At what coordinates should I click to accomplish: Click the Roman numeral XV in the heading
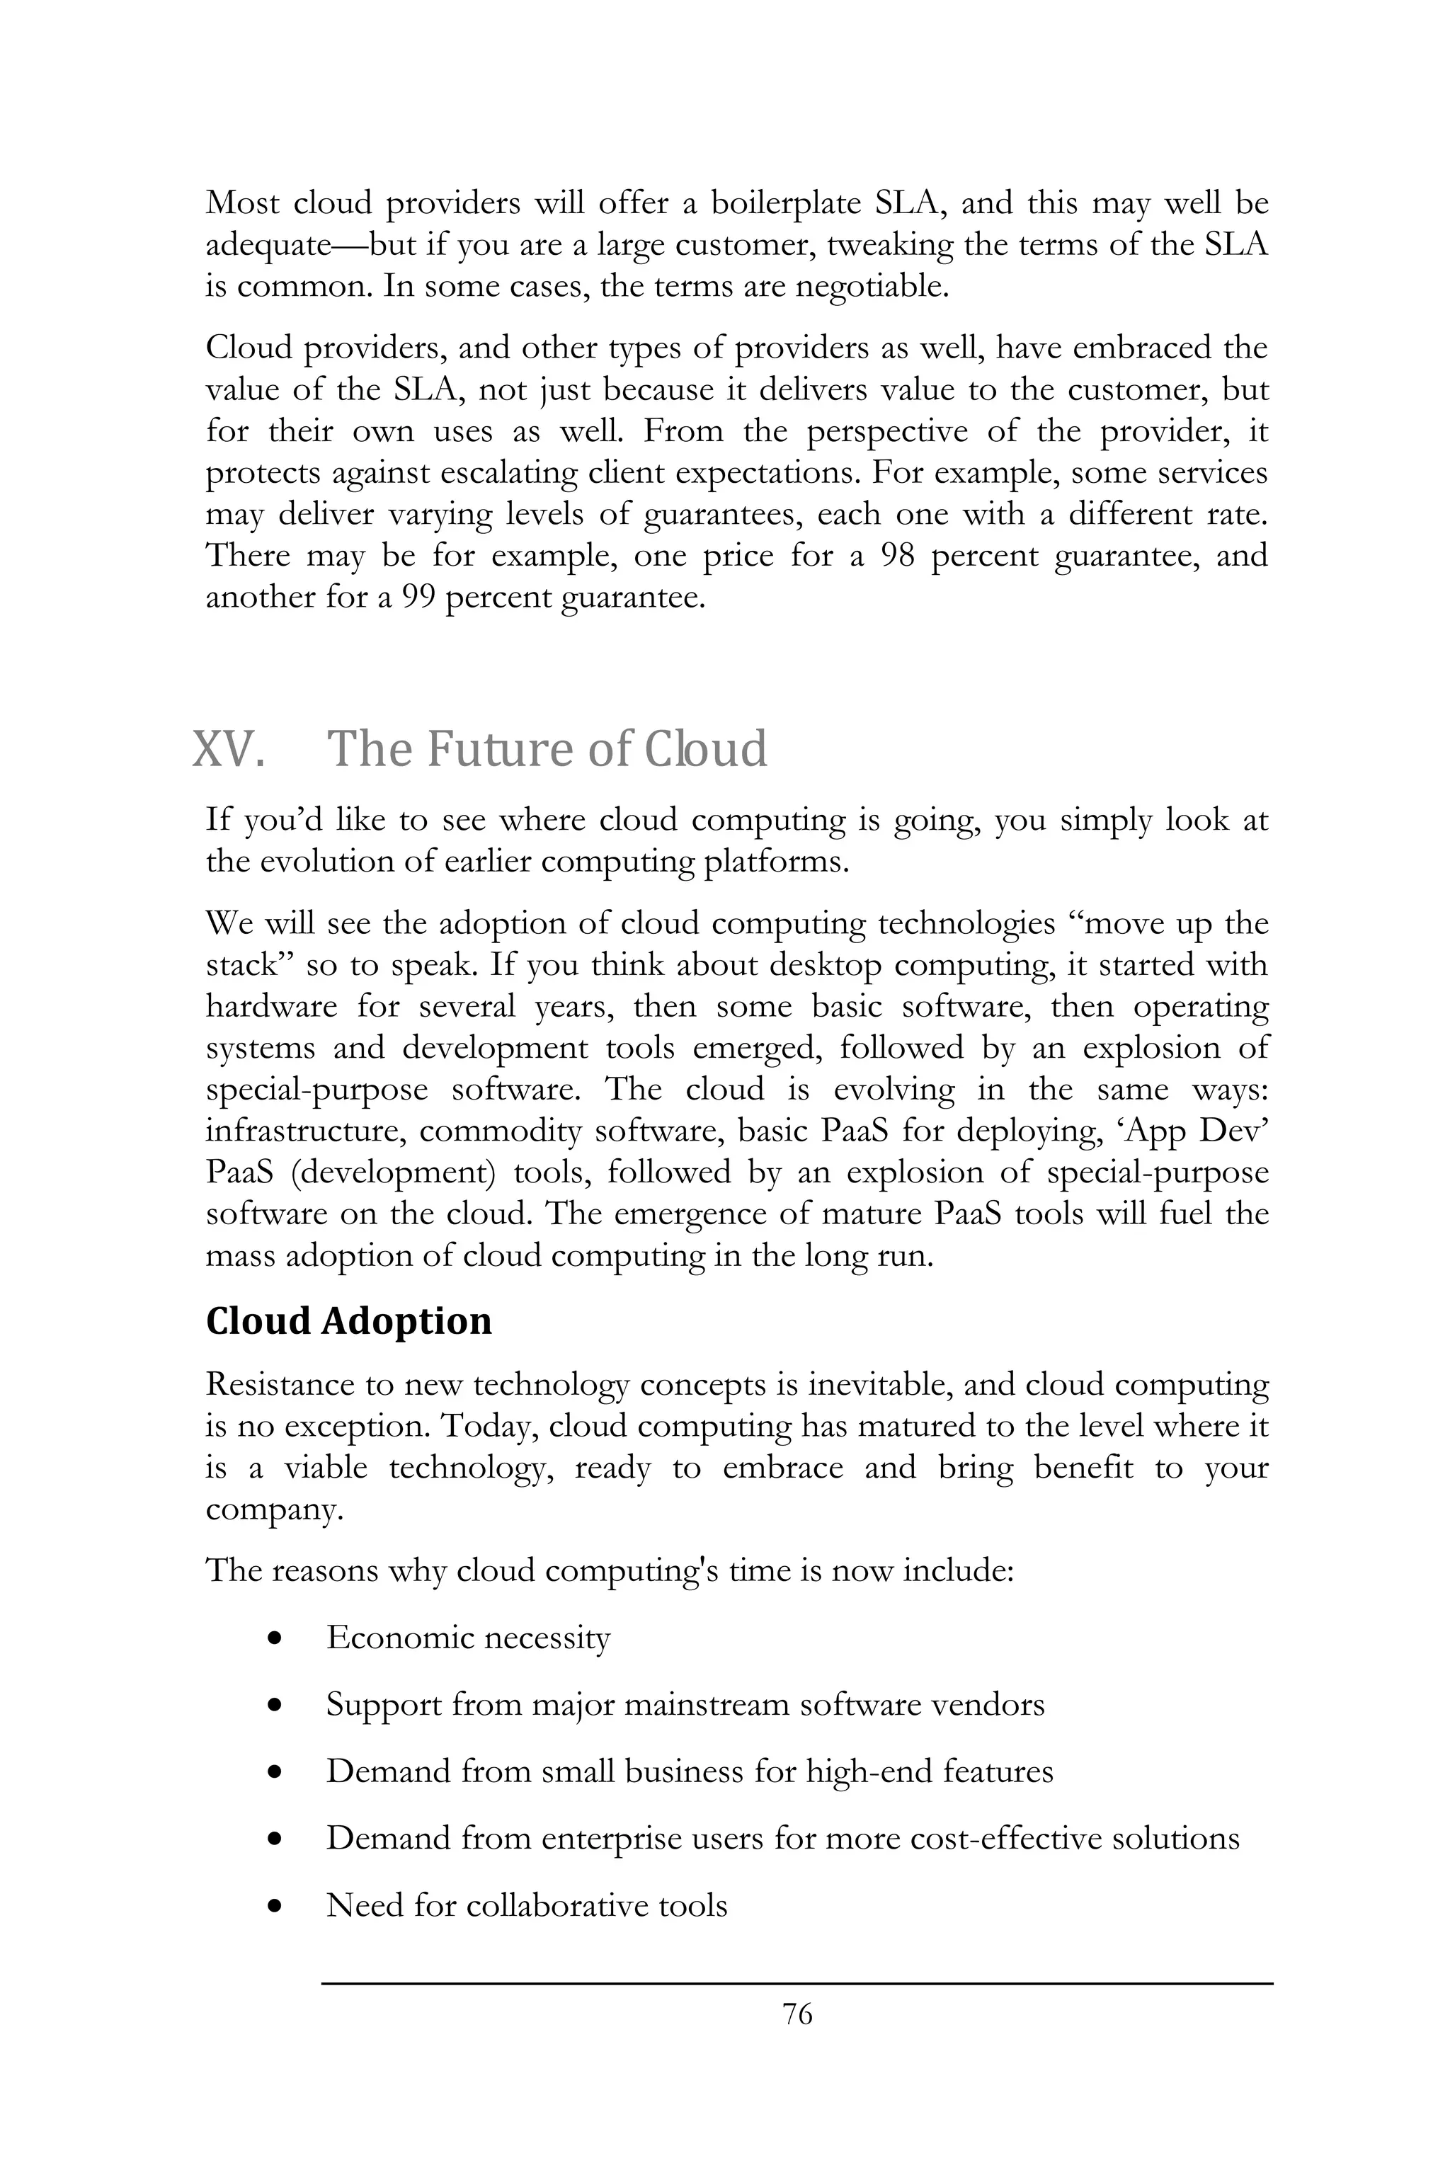227,749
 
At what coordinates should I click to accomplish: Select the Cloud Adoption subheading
348,1320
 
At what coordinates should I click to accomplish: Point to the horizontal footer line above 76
797,1982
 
